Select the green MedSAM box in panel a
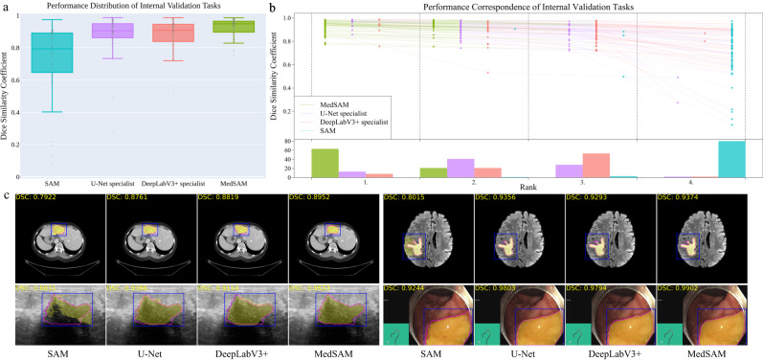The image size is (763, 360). [227, 26]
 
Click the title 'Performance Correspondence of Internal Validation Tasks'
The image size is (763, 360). [526, 7]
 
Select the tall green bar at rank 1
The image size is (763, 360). [325, 163]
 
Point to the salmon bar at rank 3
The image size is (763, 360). [595, 166]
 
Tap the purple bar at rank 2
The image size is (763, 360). [460, 169]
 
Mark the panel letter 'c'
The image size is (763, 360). [8, 198]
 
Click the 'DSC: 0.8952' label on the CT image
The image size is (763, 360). [315, 198]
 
